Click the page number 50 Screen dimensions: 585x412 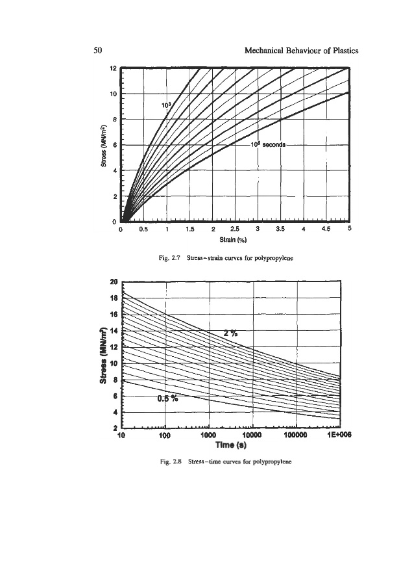click(98, 50)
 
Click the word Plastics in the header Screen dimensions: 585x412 click(341, 50)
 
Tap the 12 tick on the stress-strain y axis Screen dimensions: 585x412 click(112, 68)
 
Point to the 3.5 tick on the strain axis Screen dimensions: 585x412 click(280, 229)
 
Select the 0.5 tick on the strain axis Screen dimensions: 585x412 click(144, 229)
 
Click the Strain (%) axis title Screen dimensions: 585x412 click(235, 239)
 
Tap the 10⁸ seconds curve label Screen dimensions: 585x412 click(268, 144)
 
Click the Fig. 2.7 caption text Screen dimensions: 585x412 click(234, 258)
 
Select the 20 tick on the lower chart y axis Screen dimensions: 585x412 click(114, 282)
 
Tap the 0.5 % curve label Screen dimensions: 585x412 click(167, 399)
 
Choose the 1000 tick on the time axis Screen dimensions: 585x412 click(208, 436)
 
